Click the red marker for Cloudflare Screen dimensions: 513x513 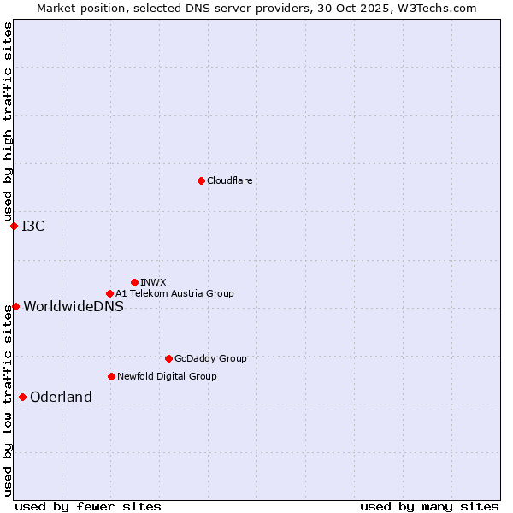point(201,180)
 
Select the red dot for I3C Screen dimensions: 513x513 point(14,226)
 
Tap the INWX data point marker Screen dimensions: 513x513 point(134,282)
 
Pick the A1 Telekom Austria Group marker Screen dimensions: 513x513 point(109,293)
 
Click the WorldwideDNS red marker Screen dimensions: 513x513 point(15,306)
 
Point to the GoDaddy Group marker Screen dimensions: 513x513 point(168,358)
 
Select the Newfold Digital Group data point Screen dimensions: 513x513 point(111,376)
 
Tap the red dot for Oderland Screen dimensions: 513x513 point(22,397)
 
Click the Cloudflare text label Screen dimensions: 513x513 point(229,180)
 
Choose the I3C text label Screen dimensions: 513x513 point(33,226)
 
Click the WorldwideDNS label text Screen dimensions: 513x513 point(74,306)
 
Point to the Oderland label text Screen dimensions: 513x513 point(61,397)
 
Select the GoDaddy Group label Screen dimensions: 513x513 point(210,358)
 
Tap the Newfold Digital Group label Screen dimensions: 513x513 point(167,376)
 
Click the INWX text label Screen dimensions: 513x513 point(153,282)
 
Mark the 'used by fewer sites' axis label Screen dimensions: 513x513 point(88,506)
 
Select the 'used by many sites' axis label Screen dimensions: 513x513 point(429,506)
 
